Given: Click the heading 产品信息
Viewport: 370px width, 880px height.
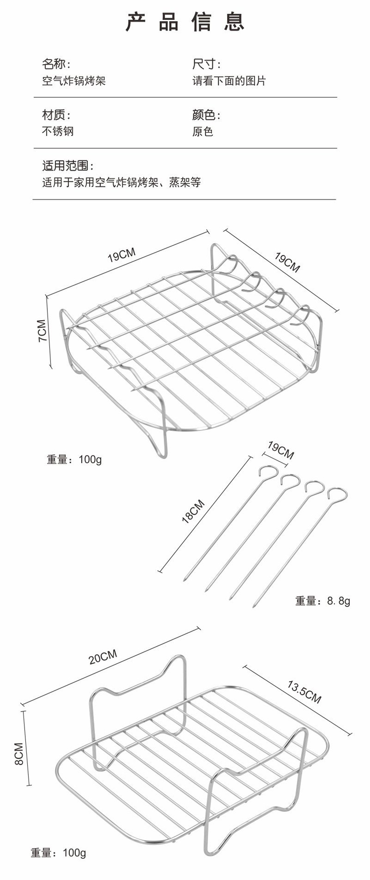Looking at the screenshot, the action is coord(185,22).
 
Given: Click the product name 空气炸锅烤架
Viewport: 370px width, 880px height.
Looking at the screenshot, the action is coord(74,81).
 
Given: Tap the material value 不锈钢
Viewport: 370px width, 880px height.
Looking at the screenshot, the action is coord(58,131).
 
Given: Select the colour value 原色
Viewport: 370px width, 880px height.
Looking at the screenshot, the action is coord(203,131).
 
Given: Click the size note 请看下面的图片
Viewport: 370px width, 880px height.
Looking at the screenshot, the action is coord(229,81).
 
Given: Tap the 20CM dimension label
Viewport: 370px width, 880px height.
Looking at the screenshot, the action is coord(103,657).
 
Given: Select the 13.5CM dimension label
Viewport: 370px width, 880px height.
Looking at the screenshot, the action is coord(304,691).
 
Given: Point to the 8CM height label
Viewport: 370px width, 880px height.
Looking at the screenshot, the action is coord(19,754).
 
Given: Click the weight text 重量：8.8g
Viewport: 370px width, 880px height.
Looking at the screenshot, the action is coord(323,601).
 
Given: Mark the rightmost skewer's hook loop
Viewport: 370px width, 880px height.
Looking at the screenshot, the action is coord(338,494).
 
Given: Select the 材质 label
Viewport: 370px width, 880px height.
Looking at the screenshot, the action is coord(56,115).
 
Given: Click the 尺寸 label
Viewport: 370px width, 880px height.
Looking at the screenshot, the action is coord(206,64).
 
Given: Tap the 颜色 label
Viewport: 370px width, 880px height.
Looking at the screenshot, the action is coord(206,115).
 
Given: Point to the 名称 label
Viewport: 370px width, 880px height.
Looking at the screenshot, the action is coord(56,64).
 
